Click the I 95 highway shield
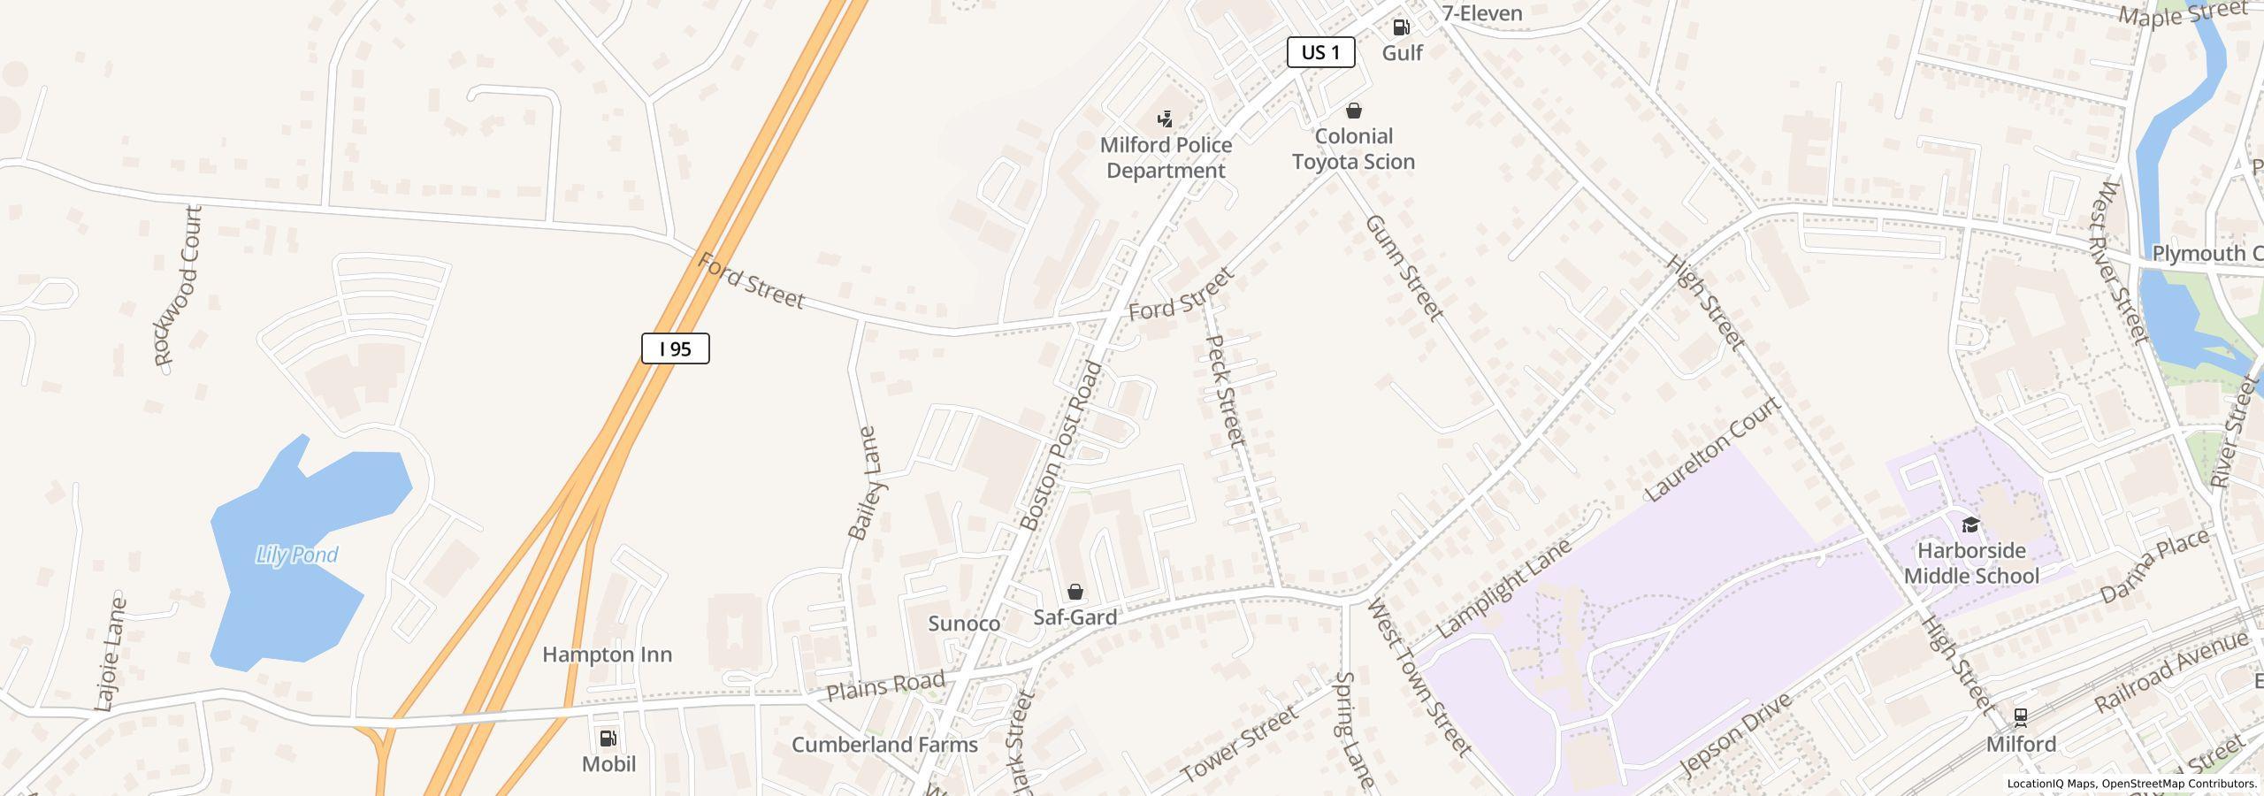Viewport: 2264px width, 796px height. (x=675, y=348)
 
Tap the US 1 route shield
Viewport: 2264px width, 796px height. (x=1320, y=52)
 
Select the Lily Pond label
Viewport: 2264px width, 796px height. (x=296, y=555)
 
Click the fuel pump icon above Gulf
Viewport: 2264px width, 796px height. (x=1401, y=27)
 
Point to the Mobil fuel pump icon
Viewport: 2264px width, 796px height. (x=608, y=739)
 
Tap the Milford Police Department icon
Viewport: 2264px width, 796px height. (x=1166, y=119)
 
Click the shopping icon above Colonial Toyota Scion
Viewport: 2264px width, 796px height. (x=1353, y=111)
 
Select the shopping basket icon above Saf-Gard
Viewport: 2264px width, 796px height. (x=1075, y=592)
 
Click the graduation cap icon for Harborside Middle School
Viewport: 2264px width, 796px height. (x=1970, y=525)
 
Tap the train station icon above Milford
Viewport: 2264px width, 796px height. (x=2021, y=716)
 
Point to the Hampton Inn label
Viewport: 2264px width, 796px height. (x=607, y=654)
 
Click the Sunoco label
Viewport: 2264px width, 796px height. (x=964, y=624)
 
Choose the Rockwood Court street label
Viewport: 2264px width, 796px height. (x=178, y=286)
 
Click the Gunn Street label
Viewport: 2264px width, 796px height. (x=1404, y=267)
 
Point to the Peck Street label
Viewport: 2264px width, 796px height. (x=1226, y=389)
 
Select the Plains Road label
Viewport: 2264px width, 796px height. (x=885, y=685)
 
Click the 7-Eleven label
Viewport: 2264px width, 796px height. (x=1481, y=13)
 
